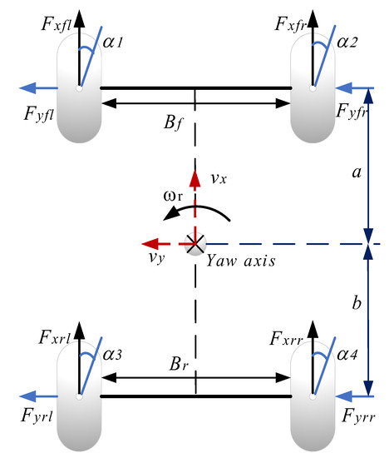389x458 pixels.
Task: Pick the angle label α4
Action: point(346,356)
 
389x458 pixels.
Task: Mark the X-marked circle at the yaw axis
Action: point(195,244)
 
